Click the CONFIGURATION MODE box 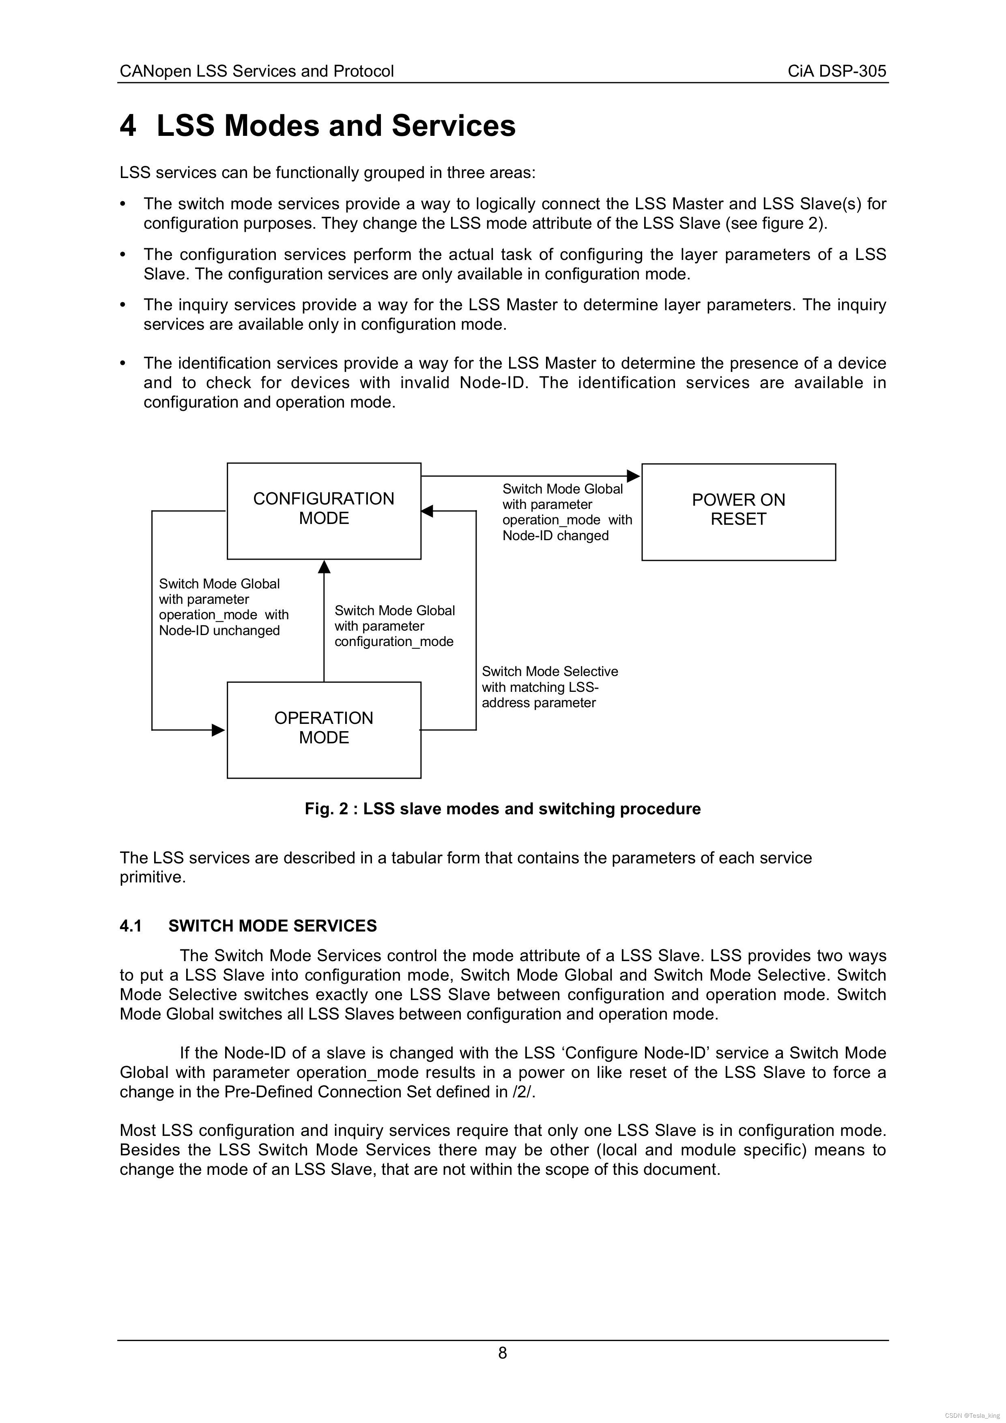[x=324, y=511]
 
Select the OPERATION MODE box [x=324, y=730]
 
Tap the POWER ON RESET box [x=738, y=511]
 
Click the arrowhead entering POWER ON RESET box [x=634, y=476]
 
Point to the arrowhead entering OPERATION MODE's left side [x=218, y=730]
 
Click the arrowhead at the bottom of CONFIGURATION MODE [x=324, y=567]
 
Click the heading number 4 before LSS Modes [x=128, y=126]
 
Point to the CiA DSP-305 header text [x=837, y=71]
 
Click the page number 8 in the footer [x=502, y=1353]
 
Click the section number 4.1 [x=131, y=926]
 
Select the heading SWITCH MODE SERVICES [x=272, y=926]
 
